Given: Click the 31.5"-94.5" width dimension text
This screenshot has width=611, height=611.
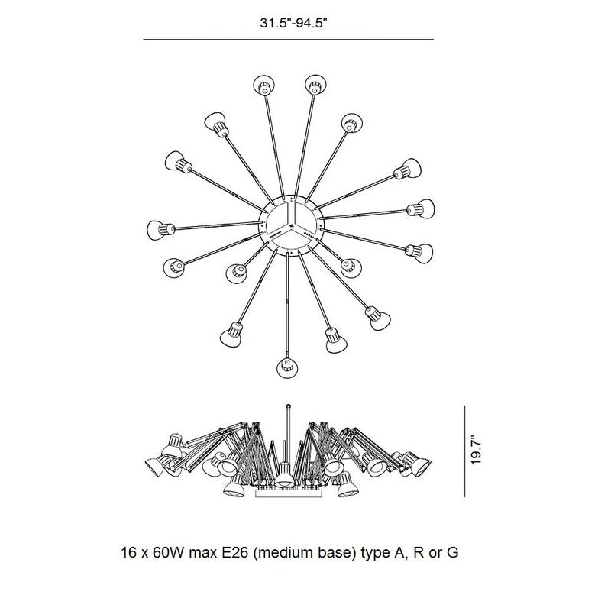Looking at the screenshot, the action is (x=293, y=23).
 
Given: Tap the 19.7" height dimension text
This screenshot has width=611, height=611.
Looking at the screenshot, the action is (x=476, y=449).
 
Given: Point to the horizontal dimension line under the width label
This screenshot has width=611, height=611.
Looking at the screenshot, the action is (x=289, y=40).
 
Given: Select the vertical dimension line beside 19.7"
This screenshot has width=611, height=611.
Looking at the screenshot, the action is (x=465, y=451).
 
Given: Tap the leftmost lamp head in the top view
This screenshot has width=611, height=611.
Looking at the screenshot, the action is (x=159, y=230).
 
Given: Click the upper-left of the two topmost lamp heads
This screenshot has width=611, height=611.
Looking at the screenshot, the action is (x=263, y=86).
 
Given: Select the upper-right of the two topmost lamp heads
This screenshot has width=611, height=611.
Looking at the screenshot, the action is (x=315, y=85).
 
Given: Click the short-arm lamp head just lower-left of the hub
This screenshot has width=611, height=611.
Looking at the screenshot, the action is (x=237, y=273).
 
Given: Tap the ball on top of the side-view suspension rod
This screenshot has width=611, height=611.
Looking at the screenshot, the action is (x=289, y=406).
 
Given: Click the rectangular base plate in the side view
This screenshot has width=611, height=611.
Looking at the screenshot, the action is (x=289, y=493).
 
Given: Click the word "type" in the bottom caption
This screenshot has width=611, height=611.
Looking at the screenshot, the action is (x=374, y=554).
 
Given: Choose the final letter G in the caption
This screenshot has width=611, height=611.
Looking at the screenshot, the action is (x=452, y=553).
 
